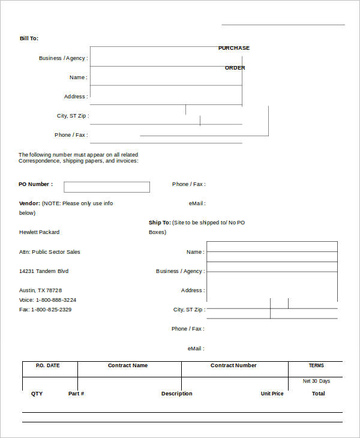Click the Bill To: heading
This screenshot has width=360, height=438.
pyautogui.click(x=29, y=38)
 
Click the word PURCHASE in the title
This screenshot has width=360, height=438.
pyautogui.click(x=233, y=48)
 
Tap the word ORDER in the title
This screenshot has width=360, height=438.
pyautogui.click(x=235, y=68)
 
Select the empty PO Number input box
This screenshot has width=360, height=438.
pyautogui.click(x=107, y=187)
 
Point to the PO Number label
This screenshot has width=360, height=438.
pyautogui.click(x=35, y=184)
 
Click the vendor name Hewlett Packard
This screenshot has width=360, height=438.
pyautogui.click(x=39, y=232)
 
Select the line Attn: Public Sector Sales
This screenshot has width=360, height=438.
pyautogui.click(x=49, y=252)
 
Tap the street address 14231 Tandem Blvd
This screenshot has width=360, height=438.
pyautogui.click(x=44, y=271)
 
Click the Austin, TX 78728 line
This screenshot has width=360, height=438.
pyautogui.click(x=40, y=290)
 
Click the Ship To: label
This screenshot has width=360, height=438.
pyautogui.click(x=160, y=223)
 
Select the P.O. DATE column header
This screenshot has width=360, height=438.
pyautogui.click(x=48, y=365)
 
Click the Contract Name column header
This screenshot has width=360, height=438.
pyautogui.click(x=127, y=365)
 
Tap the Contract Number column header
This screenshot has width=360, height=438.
pyautogui.click(x=233, y=365)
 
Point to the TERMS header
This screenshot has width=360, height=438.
pyautogui.click(x=316, y=365)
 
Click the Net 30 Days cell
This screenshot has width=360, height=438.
pyautogui.click(x=316, y=381)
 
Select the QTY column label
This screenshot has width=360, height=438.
pyautogui.click(x=37, y=394)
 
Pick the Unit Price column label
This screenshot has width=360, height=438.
pyautogui.click(x=272, y=394)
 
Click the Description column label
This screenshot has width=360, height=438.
pyautogui.click(x=176, y=394)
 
